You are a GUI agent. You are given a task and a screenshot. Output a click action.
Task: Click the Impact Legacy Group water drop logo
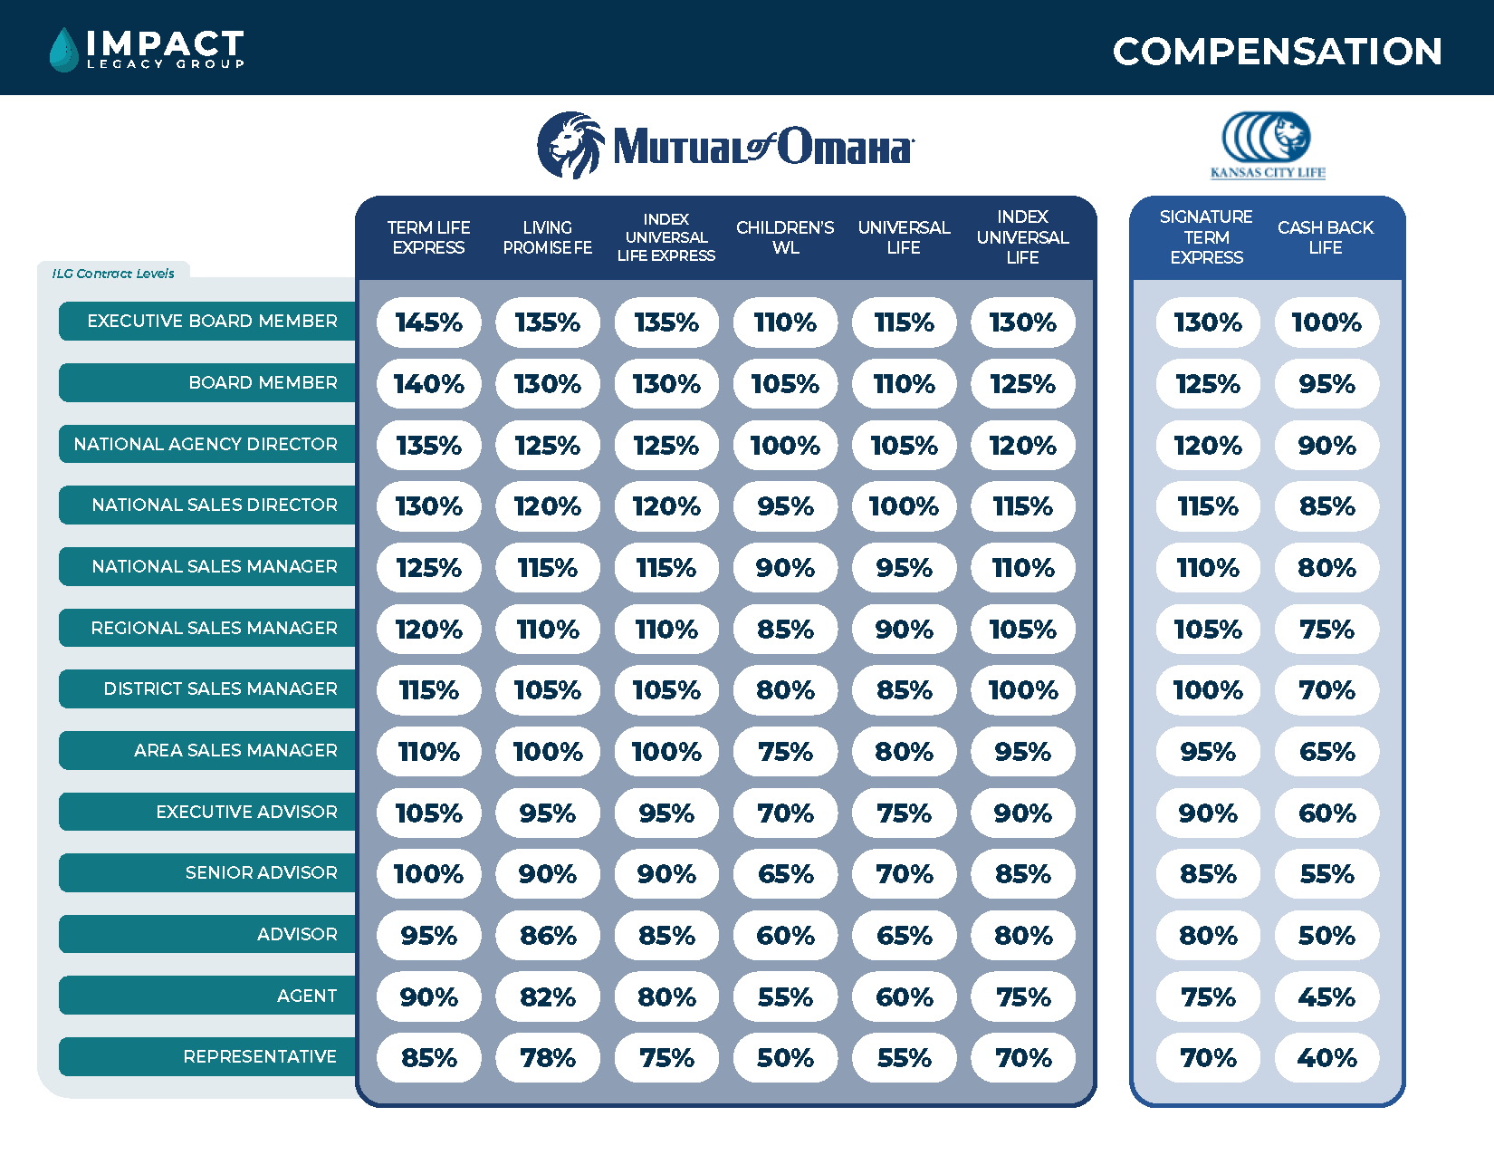pyautogui.click(x=63, y=49)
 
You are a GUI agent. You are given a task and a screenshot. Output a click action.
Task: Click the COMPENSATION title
pyautogui.click(x=1277, y=52)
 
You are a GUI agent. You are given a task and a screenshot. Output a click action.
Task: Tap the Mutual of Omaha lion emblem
pyautogui.click(x=570, y=145)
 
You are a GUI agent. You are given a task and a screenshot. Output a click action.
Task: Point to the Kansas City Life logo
pyautogui.click(x=1268, y=145)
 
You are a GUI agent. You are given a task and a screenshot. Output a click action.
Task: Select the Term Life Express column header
pyautogui.click(x=428, y=237)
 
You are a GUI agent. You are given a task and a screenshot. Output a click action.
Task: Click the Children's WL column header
pyautogui.click(x=785, y=237)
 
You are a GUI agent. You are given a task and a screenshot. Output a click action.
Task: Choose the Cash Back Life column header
pyautogui.click(x=1326, y=237)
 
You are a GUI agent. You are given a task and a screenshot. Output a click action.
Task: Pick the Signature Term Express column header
pyautogui.click(x=1206, y=237)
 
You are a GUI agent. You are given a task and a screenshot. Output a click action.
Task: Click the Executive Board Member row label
pyautogui.click(x=211, y=322)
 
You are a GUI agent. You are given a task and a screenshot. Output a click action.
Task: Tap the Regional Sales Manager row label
pyautogui.click(x=213, y=628)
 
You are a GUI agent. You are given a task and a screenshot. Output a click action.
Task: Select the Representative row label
pyautogui.click(x=259, y=1057)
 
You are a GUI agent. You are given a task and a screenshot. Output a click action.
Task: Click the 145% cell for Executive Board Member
pyautogui.click(x=429, y=322)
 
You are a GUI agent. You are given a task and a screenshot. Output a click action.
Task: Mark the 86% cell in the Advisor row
pyautogui.click(x=548, y=936)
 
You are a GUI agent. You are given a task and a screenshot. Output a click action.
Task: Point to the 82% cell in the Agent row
pyautogui.click(x=548, y=997)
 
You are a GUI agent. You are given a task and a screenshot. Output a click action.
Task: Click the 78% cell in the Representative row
pyautogui.click(x=548, y=1058)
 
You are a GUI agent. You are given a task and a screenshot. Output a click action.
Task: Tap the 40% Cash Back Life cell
pyautogui.click(x=1326, y=1058)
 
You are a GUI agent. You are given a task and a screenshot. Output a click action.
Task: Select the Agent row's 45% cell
pyautogui.click(x=1326, y=997)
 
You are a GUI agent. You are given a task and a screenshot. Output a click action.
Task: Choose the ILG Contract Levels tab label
pyautogui.click(x=113, y=274)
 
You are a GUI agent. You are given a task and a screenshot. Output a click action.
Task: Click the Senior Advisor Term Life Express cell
pyautogui.click(x=429, y=874)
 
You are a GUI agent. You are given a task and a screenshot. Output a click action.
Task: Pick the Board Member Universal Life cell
pyautogui.click(x=904, y=384)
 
